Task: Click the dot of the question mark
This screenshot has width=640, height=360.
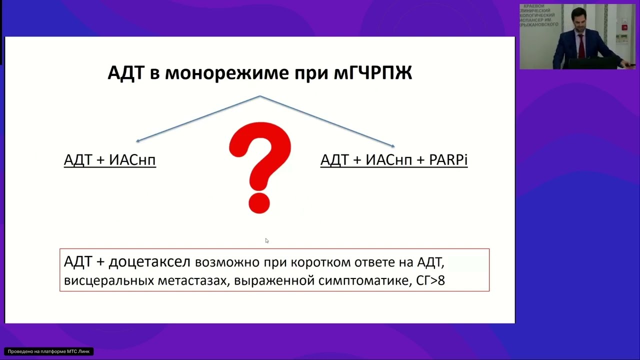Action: [x=259, y=203]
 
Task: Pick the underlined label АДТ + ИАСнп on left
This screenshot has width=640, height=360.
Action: [x=110, y=160]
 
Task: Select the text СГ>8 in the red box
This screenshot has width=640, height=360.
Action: [x=430, y=280]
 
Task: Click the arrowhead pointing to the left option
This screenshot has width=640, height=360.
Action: [x=138, y=141]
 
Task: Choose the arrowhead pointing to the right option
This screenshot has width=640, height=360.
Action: [x=393, y=146]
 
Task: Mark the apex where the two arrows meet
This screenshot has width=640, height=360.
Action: [x=260, y=96]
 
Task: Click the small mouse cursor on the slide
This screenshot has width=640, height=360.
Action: [x=267, y=240]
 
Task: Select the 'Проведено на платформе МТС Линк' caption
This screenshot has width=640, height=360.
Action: [x=48, y=351]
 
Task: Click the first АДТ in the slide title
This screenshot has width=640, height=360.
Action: [x=126, y=73]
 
